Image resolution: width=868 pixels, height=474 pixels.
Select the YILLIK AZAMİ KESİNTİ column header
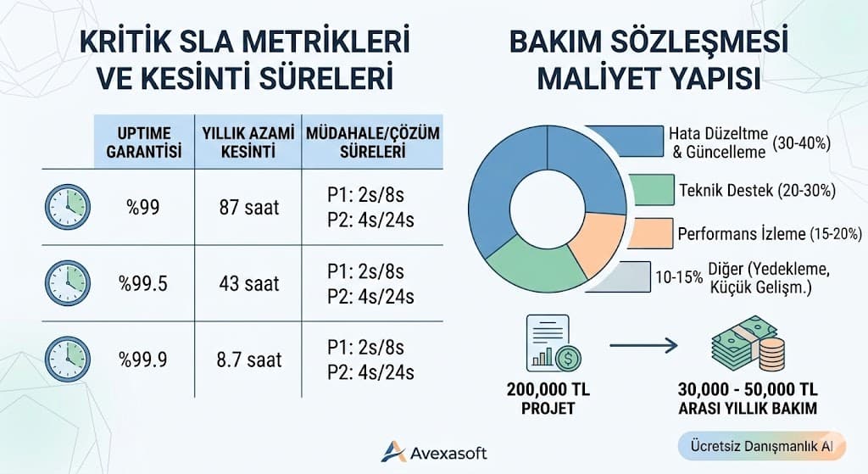pyautogui.click(x=248, y=142)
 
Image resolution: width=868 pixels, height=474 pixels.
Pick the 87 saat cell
pyautogui.click(x=248, y=206)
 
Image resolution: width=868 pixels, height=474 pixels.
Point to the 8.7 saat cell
pyautogui.click(x=248, y=360)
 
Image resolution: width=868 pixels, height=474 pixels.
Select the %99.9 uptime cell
pyautogui.click(x=143, y=360)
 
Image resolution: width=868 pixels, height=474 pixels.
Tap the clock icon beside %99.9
pyautogui.click(x=67, y=360)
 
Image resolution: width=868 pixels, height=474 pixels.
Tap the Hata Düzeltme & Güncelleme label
pyautogui.click(x=748, y=142)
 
